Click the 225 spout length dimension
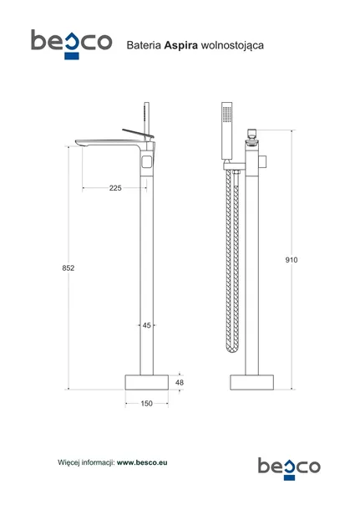115,188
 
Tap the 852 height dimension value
68,268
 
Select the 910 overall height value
292,260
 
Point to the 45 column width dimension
146,325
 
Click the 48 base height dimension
180,383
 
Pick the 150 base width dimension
146,404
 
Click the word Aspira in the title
181,45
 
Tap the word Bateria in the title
144,45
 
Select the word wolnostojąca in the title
232,45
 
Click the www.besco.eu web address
142,462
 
